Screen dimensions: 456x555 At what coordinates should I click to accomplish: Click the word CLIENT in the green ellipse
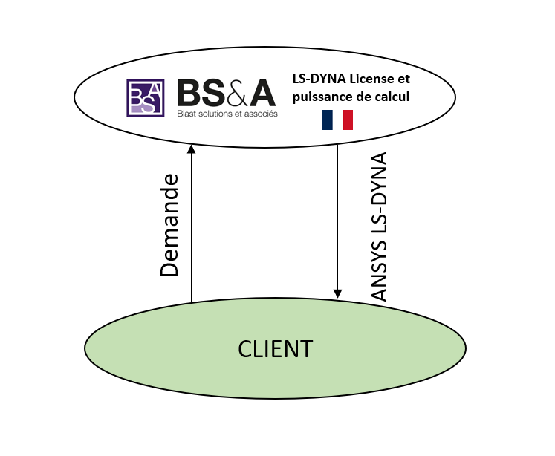(275, 349)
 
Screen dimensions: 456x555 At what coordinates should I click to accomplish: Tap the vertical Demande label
(170, 225)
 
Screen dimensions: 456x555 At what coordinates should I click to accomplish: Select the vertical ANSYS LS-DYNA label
(380, 227)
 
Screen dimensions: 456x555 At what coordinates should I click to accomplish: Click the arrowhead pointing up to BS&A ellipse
(191, 149)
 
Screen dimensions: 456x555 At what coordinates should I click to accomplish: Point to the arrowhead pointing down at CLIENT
(338, 293)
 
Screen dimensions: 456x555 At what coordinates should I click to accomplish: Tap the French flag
(337, 120)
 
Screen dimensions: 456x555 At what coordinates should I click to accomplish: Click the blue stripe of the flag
(327, 120)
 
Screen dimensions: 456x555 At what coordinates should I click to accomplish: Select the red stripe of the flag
(348, 120)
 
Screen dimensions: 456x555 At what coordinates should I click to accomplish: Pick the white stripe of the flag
(337, 120)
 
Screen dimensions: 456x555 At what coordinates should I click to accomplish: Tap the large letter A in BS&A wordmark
(262, 93)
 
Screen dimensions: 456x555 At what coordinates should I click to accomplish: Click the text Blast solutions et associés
(227, 114)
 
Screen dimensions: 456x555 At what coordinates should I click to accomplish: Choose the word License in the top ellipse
(368, 79)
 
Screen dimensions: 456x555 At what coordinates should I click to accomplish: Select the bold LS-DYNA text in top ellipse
(318, 79)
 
